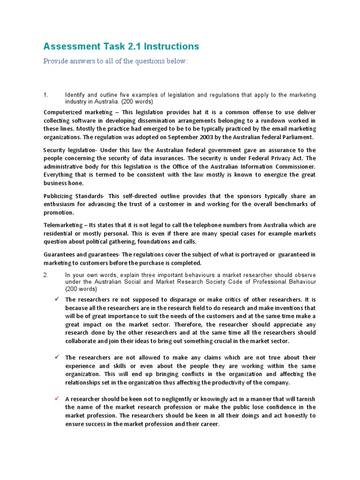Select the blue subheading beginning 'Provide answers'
[115, 61]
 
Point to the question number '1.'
[46, 95]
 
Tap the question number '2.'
[46, 275]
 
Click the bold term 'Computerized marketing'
[78, 112]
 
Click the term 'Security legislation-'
[73, 150]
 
